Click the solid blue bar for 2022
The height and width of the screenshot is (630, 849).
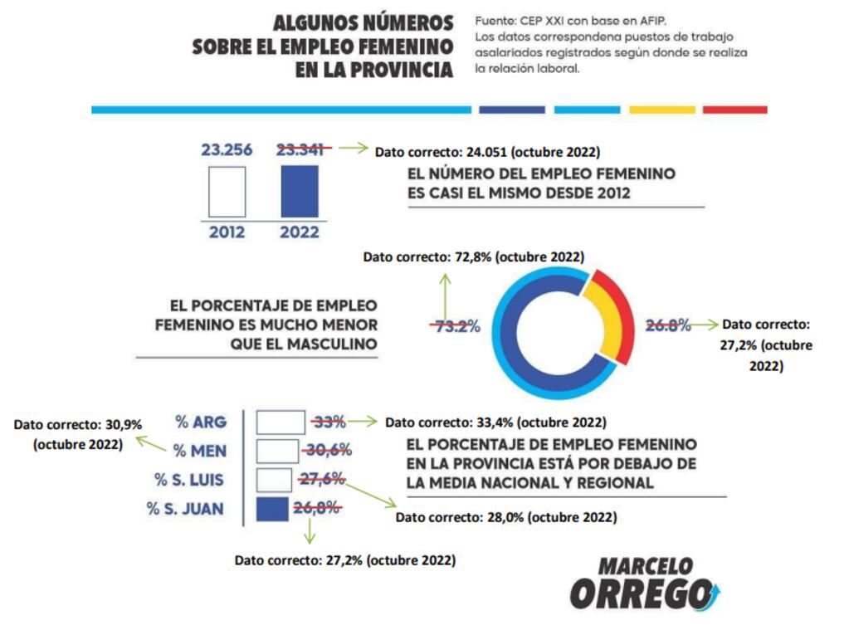[x=300, y=191]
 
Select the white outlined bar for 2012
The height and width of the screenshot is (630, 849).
[x=227, y=192]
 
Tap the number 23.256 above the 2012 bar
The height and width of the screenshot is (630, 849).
[x=227, y=150]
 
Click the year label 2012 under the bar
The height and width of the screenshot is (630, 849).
[x=227, y=232]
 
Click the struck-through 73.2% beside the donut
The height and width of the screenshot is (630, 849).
[x=455, y=326]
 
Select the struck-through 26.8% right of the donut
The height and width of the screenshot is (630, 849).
[x=668, y=325]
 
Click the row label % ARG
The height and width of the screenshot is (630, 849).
[x=201, y=422]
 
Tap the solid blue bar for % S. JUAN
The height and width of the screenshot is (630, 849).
[x=271, y=509]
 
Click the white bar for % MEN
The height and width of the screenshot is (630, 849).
[x=277, y=452]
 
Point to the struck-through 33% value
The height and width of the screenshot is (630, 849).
[x=329, y=422]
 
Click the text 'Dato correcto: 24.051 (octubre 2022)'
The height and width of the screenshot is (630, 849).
[x=487, y=152]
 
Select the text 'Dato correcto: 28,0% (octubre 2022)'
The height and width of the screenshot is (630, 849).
[x=505, y=516]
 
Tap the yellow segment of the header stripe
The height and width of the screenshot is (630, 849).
[x=661, y=110]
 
